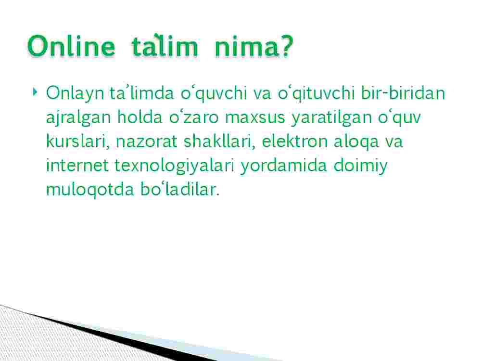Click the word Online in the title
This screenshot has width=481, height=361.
coord(71,46)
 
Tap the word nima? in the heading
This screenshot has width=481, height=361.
coord(254,46)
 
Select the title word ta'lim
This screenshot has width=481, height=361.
coord(165,46)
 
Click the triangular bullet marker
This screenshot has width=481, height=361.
coord(35,91)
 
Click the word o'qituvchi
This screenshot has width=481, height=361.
coord(316,93)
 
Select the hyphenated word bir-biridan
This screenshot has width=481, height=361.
coord(403,93)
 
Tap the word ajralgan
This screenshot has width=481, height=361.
coord(78,117)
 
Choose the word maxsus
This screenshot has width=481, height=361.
coord(255,117)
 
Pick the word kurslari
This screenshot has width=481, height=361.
coord(78,142)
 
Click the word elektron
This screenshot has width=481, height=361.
coord(295,142)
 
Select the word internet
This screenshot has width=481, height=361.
coord(77,165)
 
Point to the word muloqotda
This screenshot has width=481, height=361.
coord(90,190)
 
